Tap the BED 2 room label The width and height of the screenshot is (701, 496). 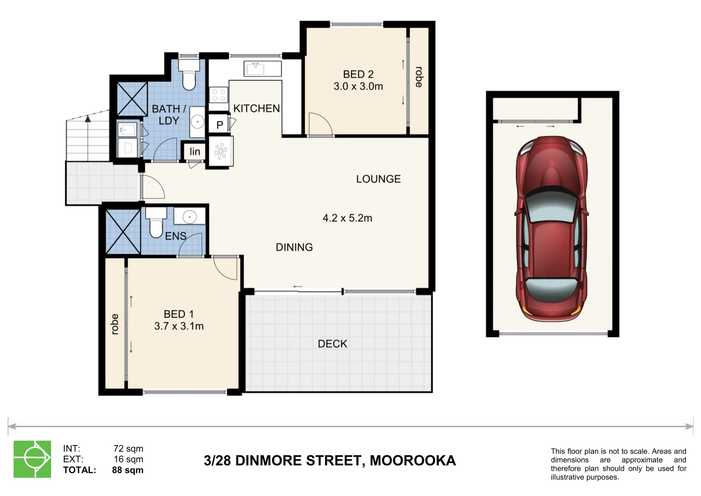358,74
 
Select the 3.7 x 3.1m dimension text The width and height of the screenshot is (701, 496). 179,326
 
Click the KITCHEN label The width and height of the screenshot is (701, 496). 256,108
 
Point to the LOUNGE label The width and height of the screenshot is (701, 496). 378,179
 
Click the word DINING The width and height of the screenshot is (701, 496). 294,247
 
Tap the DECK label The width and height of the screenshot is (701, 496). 332,344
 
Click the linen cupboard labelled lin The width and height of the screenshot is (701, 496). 195,152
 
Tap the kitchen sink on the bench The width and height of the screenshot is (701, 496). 255,69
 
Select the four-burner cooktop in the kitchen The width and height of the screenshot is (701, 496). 219,95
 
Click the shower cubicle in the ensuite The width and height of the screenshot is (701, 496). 123,231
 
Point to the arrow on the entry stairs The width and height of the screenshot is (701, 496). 88,119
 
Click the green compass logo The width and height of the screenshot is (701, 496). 32,459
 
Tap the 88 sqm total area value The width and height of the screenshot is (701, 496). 128,470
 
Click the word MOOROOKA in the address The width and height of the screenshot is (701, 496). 413,460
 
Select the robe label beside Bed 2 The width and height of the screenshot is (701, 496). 419,77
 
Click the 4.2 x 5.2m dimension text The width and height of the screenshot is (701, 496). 347,218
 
